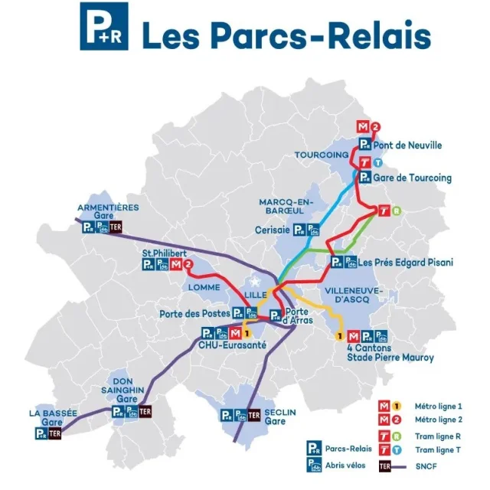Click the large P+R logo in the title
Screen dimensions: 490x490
(x=104, y=26)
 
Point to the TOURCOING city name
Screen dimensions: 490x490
(x=322, y=155)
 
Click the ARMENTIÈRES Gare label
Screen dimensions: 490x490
(x=108, y=212)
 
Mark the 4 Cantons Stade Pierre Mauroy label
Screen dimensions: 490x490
(x=390, y=352)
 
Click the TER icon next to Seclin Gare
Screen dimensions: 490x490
(x=255, y=415)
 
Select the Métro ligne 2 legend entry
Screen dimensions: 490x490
(x=436, y=420)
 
